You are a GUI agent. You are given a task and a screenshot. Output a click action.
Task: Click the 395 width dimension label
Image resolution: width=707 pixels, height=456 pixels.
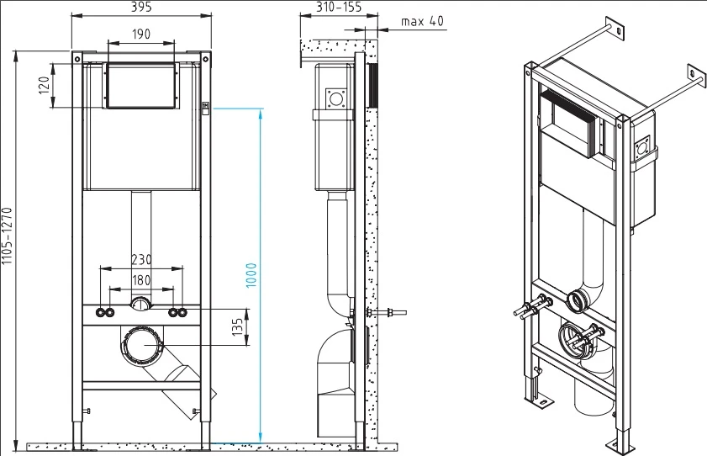(x=141, y=7)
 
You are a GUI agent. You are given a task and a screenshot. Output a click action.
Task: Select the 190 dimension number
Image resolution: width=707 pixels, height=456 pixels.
(x=141, y=34)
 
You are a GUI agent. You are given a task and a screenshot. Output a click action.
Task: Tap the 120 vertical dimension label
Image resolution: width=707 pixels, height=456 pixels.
(x=44, y=85)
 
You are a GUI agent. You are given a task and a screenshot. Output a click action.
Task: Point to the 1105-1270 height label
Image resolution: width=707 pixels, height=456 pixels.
(x=7, y=236)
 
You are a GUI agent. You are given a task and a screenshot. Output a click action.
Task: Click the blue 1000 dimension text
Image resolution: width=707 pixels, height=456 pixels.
(x=251, y=275)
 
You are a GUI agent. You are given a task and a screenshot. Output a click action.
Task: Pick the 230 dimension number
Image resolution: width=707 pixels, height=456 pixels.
(x=141, y=260)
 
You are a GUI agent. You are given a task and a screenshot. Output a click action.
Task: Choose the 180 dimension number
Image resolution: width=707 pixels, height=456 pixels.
(x=141, y=280)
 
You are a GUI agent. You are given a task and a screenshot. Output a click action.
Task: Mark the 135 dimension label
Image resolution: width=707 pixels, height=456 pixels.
(x=238, y=327)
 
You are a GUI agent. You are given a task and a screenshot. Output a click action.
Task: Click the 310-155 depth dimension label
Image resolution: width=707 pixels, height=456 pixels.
(x=338, y=7)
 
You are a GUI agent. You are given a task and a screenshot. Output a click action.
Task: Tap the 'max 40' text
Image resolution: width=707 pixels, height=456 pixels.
(x=423, y=21)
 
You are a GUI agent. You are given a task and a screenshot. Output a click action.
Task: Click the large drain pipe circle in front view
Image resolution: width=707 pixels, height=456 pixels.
(x=141, y=345)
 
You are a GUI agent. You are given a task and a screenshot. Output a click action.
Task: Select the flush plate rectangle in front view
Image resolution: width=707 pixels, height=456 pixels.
(x=140, y=86)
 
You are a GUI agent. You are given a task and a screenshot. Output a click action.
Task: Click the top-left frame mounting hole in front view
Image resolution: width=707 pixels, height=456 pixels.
(x=77, y=59)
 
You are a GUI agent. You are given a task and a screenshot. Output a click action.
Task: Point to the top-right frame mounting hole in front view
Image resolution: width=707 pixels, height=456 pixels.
(x=206, y=59)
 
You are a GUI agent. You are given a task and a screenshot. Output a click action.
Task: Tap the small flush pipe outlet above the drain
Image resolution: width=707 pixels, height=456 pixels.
(x=141, y=305)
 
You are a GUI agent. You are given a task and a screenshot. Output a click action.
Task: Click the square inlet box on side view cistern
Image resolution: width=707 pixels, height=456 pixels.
(x=336, y=98)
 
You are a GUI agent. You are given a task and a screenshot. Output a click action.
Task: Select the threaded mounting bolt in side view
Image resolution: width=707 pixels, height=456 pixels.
(x=387, y=312)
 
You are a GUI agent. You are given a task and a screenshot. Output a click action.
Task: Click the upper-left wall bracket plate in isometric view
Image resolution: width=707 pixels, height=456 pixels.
(x=615, y=29)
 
